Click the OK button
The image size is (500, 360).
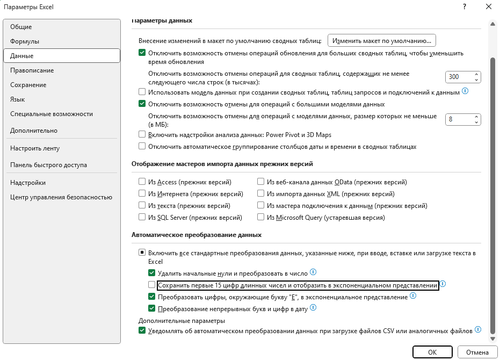pos(432,352)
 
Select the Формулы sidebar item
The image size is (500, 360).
pos(25,41)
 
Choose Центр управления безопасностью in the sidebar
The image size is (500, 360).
pos(61,197)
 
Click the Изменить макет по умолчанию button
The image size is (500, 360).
pos(382,40)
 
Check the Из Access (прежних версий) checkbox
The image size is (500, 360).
pos(142,182)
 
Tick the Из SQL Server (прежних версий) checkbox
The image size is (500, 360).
pos(142,218)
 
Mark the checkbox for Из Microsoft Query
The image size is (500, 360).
pos(261,218)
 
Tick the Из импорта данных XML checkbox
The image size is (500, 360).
pos(261,194)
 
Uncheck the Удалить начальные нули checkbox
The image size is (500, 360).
pos(152,273)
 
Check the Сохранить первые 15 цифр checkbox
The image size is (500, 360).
pos(152,285)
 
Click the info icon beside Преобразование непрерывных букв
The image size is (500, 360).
pos(313,308)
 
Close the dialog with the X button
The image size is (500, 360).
pos(488,7)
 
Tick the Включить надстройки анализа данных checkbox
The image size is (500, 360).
pos(142,135)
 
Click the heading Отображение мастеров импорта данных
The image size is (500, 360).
pos(222,163)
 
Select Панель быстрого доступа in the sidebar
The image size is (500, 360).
pos(48,165)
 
